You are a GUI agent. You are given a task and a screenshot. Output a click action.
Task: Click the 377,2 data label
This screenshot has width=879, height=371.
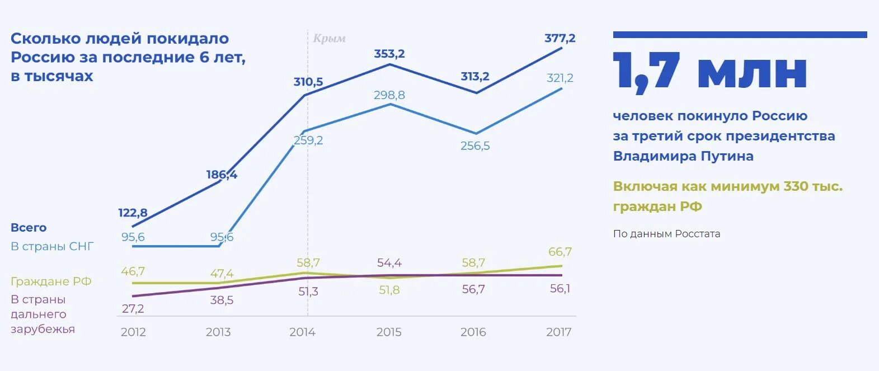(560, 38)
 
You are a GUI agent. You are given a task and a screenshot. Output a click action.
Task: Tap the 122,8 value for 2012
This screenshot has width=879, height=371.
(133, 213)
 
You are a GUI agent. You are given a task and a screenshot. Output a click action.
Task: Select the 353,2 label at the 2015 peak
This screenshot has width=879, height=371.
(389, 54)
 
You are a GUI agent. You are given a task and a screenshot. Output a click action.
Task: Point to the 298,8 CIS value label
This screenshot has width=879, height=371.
(389, 95)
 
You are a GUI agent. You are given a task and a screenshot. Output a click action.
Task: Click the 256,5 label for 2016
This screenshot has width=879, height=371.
(475, 146)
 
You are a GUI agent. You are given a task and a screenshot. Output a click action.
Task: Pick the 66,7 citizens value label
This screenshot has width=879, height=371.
(560, 252)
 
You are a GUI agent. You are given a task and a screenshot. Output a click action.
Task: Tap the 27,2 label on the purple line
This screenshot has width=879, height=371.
(133, 308)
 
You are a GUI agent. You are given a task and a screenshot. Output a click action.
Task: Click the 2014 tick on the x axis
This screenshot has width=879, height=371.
(303, 332)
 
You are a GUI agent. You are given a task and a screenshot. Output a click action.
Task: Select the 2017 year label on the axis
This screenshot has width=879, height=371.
(558, 332)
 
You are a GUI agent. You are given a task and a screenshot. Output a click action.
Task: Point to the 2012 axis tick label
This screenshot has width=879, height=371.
(133, 332)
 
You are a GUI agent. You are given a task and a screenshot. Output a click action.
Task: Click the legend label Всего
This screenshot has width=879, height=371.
(29, 228)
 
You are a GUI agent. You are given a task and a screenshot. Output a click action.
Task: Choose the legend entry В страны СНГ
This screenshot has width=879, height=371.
(52, 246)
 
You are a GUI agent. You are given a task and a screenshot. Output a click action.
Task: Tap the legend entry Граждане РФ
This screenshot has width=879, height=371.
(51, 281)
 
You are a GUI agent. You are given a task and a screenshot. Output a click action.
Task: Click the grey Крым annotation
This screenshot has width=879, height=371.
(329, 39)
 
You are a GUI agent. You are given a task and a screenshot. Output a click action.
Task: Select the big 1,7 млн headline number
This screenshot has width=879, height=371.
(710, 71)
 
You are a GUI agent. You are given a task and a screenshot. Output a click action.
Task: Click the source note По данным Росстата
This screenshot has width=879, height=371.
(666, 234)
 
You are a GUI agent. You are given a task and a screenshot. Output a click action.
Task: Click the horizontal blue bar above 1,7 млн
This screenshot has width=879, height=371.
(740, 35)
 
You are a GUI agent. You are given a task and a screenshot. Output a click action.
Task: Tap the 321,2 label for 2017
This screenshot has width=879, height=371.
(560, 78)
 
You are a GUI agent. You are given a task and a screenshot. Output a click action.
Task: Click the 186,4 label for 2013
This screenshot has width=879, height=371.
(222, 175)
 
